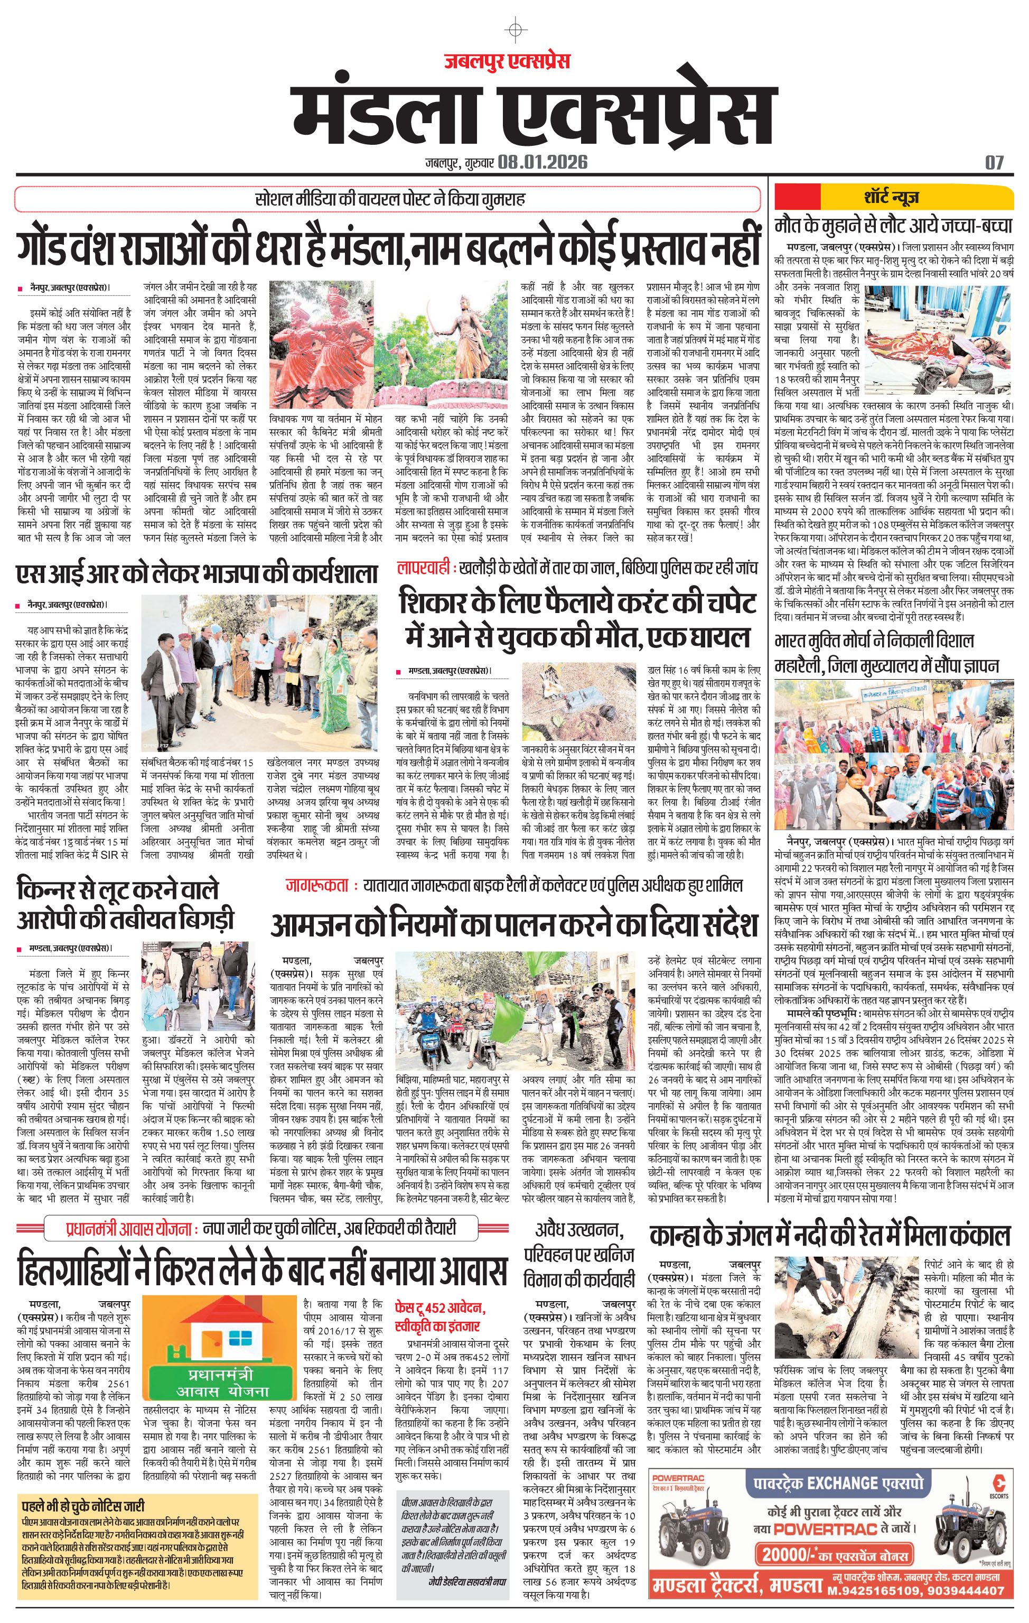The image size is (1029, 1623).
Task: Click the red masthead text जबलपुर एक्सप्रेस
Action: (507, 61)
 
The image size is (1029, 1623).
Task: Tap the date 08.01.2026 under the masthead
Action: (543, 162)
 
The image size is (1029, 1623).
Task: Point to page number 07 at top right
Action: (994, 162)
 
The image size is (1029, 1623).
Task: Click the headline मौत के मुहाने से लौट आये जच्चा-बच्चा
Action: (893, 225)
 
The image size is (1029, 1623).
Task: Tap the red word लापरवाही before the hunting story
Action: (423, 568)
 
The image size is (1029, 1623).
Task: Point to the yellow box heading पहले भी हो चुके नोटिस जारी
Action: (83, 1506)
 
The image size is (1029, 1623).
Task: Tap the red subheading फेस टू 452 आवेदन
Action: (439, 1307)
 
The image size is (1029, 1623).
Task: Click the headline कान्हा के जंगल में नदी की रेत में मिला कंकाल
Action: (829, 1235)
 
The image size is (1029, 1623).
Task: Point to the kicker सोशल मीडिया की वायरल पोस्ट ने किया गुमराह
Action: (389, 199)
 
